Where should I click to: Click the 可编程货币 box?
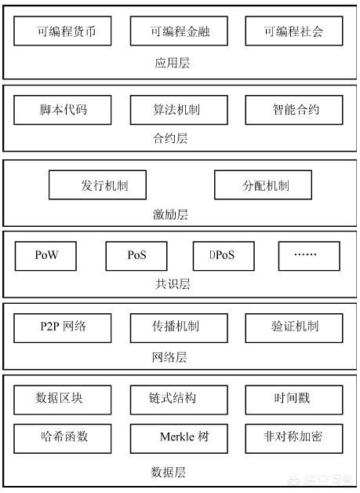click(x=63, y=31)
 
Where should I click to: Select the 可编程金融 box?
click(x=179, y=31)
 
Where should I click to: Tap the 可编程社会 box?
click(x=294, y=31)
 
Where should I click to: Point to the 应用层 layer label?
click(x=172, y=63)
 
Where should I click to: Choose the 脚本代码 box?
click(x=63, y=110)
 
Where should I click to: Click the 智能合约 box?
click(x=294, y=110)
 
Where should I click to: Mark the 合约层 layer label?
click(x=170, y=138)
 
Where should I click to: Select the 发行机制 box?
click(x=98, y=185)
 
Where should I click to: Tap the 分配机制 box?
click(x=264, y=185)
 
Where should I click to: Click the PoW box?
click(x=45, y=256)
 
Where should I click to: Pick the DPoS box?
click(x=224, y=256)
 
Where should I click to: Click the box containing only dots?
click(x=310, y=256)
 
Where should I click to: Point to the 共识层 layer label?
click(x=172, y=284)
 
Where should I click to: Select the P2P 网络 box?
click(x=63, y=328)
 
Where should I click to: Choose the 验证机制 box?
click(x=294, y=328)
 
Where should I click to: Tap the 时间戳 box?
click(x=294, y=400)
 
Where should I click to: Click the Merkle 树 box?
click(x=179, y=439)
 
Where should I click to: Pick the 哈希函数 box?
click(x=63, y=439)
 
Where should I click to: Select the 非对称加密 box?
click(x=294, y=439)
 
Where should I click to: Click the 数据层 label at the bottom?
click(x=169, y=473)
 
